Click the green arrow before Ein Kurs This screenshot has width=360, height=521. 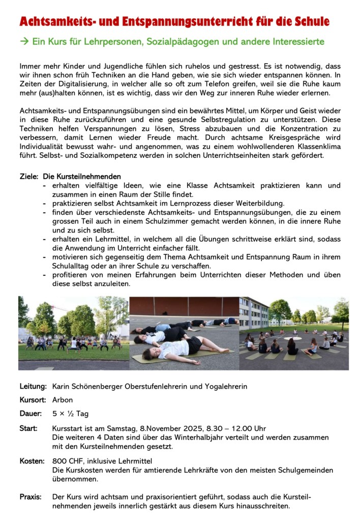24,41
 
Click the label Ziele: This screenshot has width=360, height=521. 29,176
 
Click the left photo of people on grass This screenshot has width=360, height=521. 73,333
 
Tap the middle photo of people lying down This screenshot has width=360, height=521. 184,333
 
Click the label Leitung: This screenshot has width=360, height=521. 33,386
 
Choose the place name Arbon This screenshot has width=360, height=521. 63,400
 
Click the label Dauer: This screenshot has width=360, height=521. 31,414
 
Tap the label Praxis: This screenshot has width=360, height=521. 31,496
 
